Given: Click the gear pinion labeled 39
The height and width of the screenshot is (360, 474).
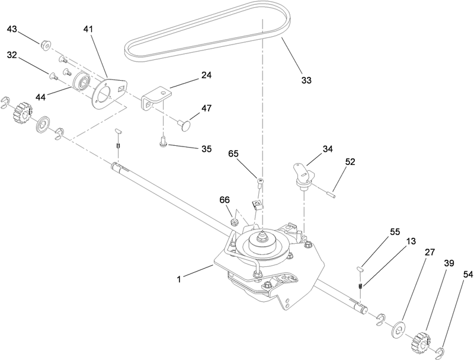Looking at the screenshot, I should [x=425, y=341].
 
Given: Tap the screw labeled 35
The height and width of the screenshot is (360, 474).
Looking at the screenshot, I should [x=163, y=141].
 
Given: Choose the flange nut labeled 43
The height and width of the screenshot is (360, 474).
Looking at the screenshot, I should [x=46, y=45].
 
